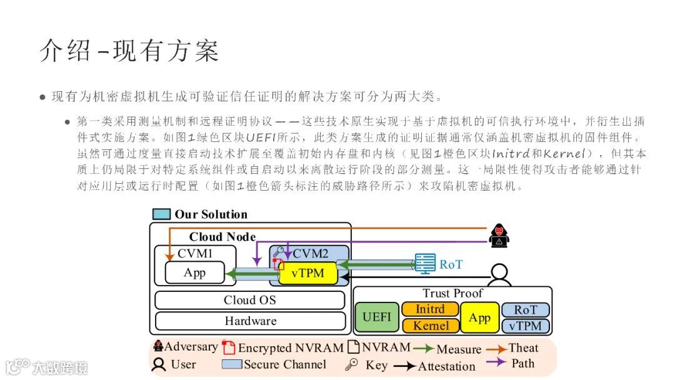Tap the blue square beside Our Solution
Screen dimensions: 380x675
(161, 214)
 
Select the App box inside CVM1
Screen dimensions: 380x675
(194, 272)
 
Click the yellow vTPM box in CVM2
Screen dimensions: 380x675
(307, 274)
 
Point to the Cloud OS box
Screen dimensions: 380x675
(249, 300)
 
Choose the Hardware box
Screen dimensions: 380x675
(250, 321)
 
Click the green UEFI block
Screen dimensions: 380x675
(376, 317)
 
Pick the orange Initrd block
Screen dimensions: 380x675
(430, 309)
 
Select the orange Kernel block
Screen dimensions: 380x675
(431, 326)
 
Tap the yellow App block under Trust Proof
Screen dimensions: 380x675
(479, 317)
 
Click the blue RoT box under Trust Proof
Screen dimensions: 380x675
(526, 310)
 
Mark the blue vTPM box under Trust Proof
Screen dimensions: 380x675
(526, 326)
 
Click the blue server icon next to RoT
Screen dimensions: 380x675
(426, 263)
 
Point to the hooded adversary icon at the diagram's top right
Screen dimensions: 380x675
(499, 234)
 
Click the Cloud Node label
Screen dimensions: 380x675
(222, 237)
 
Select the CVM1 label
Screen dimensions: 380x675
(195, 253)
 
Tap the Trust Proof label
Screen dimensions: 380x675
(452, 293)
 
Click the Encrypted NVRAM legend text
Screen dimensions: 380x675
(291, 348)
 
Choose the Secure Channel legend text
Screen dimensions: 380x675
(284, 364)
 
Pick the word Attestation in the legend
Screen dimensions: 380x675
(446, 366)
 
